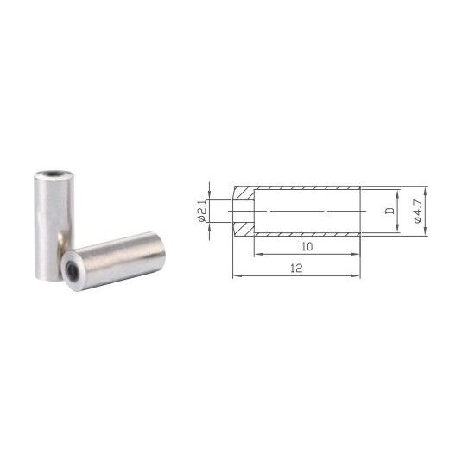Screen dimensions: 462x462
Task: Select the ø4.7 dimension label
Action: (x=418, y=211)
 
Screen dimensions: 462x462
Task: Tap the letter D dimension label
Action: (x=390, y=211)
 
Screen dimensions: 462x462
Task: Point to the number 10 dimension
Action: (x=307, y=246)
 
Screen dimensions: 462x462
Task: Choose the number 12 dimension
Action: (x=296, y=268)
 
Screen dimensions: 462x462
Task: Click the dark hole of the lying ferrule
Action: (x=73, y=271)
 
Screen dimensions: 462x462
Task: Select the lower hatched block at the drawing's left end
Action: (x=244, y=229)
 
